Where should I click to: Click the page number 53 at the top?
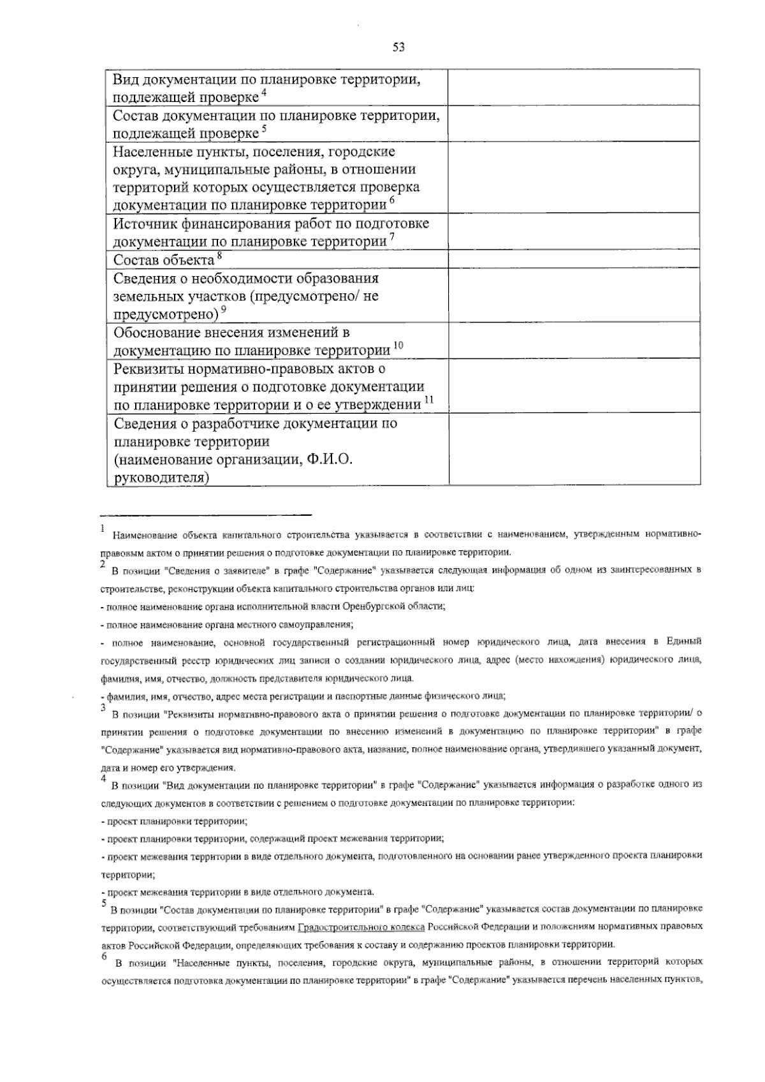[x=399, y=47]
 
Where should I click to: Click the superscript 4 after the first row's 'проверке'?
[x=263, y=94]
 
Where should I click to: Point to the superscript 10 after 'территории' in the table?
[x=398, y=346]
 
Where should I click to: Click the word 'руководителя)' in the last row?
[x=161, y=478]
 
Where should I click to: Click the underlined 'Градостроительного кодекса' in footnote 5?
[x=361, y=926]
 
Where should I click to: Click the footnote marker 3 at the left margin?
[x=103, y=707]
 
